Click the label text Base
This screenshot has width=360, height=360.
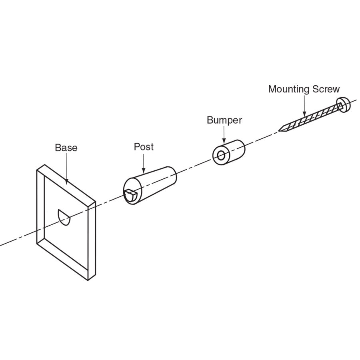coord(66,148)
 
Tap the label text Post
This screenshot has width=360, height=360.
coord(144,147)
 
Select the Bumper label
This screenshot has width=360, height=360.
coord(224,120)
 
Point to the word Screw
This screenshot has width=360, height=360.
coord(327,89)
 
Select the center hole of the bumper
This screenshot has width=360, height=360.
coord(221,155)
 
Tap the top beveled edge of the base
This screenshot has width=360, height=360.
coord(66,184)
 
